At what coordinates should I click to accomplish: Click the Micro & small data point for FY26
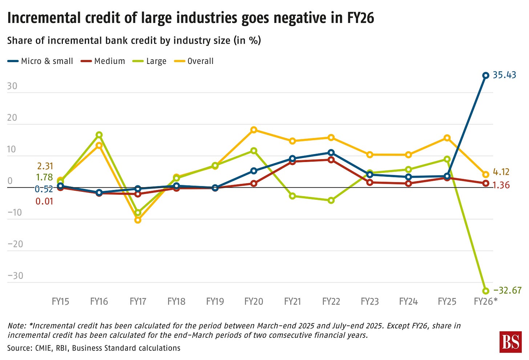tap(485, 76)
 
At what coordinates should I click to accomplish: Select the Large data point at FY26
tap(485, 291)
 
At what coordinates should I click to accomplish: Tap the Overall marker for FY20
tap(254, 130)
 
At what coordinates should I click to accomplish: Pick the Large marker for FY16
tap(99, 135)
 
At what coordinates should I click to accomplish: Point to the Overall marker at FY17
tap(138, 220)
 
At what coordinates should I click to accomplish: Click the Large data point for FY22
tap(331, 200)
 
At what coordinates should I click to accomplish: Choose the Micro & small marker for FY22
tap(331, 153)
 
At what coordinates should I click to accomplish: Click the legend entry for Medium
tap(109, 61)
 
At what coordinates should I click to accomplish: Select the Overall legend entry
tap(200, 61)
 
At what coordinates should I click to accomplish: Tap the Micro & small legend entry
tap(47, 61)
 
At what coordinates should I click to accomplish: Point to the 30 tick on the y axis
tap(12, 86)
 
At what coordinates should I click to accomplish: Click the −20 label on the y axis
tap(15, 244)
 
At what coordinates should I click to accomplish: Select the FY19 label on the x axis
tap(215, 302)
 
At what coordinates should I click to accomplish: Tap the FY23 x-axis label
tap(370, 302)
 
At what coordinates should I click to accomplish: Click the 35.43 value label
tap(504, 75)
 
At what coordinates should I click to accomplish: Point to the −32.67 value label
tap(507, 290)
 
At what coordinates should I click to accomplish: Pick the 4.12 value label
tap(501, 172)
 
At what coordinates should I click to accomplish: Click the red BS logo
tap(511, 342)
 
